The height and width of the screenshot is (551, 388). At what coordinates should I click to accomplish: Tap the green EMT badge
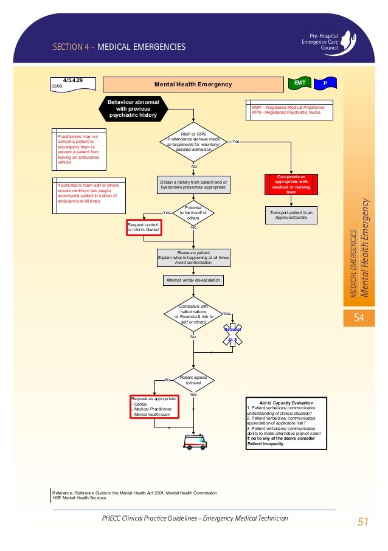pos(300,82)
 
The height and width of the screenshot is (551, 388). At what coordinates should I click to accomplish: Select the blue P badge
pos(325,82)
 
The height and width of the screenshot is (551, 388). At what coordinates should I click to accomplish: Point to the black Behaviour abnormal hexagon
pos(132,109)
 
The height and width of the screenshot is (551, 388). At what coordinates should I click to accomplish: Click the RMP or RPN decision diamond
pos(193,142)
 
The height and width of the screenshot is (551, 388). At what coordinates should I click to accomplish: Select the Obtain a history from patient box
pos(193,185)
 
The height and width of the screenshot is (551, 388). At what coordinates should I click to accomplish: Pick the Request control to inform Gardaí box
pos(143,227)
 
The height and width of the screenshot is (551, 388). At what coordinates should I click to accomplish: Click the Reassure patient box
pos(193,258)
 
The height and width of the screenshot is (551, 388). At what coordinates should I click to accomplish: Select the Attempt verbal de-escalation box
pos(193,280)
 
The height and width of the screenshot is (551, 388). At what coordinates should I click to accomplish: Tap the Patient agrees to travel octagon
pos(193,380)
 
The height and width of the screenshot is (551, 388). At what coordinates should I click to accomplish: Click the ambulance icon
pos(195,442)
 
